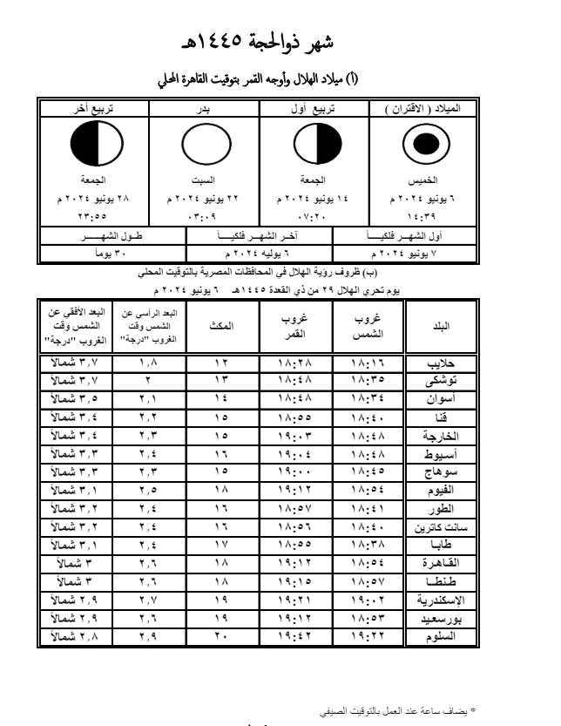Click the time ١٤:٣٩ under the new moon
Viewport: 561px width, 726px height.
click(x=426, y=213)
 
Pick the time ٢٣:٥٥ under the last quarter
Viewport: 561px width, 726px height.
click(x=93, y=213)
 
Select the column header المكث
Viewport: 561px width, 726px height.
click(x=221, y=324)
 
